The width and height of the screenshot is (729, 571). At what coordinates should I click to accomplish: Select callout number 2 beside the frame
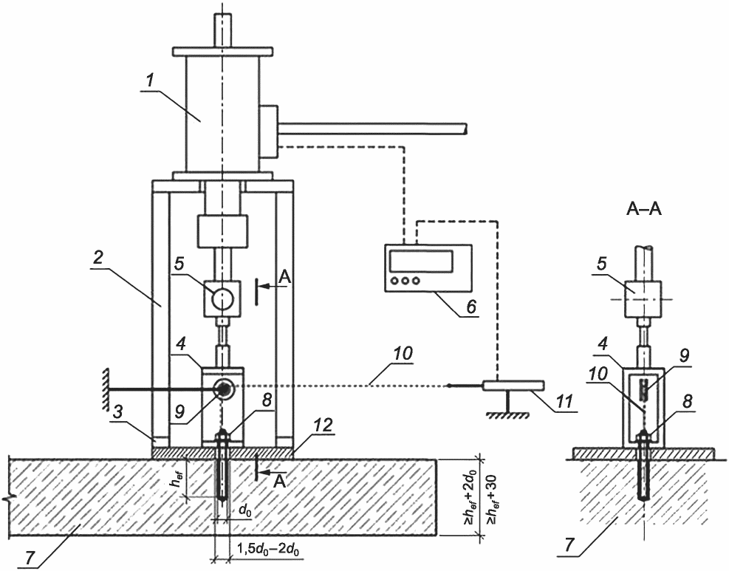coord(98,259)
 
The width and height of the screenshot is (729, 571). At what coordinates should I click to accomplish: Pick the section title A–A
coord(644,210)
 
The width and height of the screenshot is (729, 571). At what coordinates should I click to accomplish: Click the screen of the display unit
coord(421,261)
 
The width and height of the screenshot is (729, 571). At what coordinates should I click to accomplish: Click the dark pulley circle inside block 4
coord(224,390)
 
